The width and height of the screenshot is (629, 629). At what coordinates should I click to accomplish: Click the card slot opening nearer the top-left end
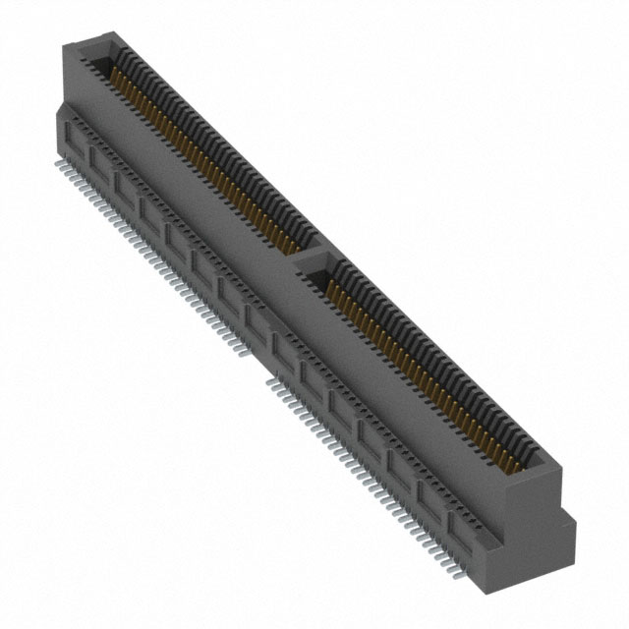(197, 147)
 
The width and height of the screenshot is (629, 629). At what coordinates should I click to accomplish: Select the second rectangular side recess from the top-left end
(98, 157)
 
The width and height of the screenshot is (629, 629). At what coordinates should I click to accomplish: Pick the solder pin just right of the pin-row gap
(274, 377)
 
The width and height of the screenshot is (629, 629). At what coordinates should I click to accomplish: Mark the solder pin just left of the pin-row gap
(255, 343)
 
